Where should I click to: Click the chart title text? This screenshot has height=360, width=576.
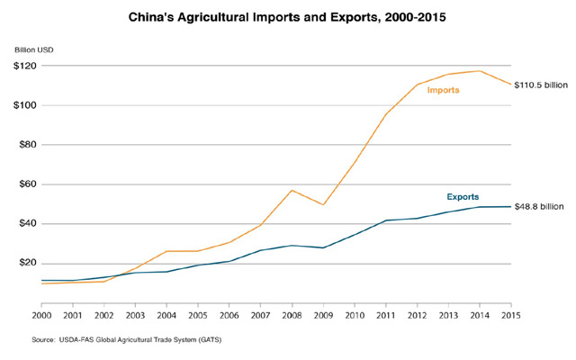coord(288,16)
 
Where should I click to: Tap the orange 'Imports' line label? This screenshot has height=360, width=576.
coord(444,90)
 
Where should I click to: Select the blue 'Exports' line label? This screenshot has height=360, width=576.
coord(463,196)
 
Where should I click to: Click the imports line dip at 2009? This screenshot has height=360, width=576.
coord(324,204)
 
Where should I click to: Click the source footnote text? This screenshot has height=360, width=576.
coord(129,340)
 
